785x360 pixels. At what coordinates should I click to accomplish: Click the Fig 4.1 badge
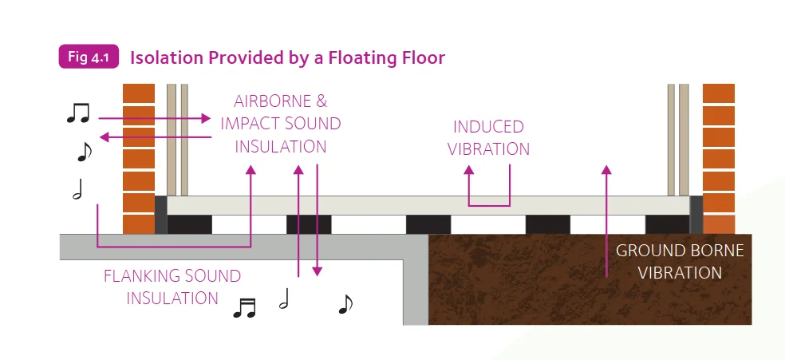coord(89,57)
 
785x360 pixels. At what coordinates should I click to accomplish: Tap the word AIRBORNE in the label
coord(266,101)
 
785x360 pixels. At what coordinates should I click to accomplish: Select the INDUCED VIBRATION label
coord(488,137)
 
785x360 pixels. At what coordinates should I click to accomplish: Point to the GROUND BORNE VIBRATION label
coord(680,261)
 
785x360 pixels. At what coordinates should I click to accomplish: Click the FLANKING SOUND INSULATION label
coord(172,287)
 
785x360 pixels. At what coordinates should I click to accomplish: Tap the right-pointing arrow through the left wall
coord(155,119)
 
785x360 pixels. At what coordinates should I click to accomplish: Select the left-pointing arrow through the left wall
coord(155,136)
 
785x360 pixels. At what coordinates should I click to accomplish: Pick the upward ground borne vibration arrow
coord(606,221)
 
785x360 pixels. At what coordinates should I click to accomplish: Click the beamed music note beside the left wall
coord(78,113)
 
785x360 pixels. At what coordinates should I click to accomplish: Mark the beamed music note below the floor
coord(245,308)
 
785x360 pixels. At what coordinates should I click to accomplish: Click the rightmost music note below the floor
coord(345,304)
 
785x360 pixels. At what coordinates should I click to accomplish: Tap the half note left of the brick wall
coord(77,189)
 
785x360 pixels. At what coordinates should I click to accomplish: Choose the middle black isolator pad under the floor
coord(428,225)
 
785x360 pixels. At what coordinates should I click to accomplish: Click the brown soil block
coord(590,279)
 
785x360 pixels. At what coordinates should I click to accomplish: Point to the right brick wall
coord(719,159)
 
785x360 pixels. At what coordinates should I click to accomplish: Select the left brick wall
coord(139,159)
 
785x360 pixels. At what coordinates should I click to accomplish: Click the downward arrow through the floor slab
coord(317,220)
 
